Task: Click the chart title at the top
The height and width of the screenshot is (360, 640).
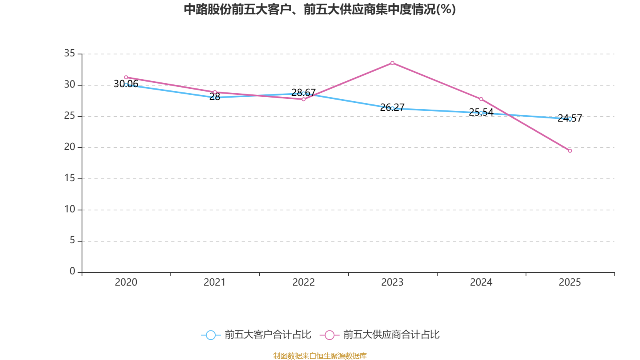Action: [x=320, y=10]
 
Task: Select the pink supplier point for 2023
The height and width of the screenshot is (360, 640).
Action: [x=392, y=63]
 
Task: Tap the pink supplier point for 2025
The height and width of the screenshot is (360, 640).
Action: [x=570, y=150]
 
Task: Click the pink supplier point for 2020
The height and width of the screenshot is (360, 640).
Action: [x=126, y=77]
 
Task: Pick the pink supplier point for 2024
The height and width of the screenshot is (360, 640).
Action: [x=481, y=99]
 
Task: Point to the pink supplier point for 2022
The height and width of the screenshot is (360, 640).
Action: [x=304, y=99]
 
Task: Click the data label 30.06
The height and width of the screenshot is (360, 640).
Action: [x=126, y=84]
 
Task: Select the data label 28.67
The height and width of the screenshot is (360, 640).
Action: [x=304, y=92]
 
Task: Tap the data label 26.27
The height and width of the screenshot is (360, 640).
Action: [x=392, y=108]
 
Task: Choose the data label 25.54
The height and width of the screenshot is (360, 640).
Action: [x=481, y=112]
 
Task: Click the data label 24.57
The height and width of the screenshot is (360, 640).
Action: [x=570, y=118]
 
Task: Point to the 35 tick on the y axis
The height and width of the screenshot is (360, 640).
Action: [x=70, y=53]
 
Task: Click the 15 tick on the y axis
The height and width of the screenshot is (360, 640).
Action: [x=70, y=178]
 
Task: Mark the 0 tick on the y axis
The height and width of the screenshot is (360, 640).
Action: [x=72, y=271]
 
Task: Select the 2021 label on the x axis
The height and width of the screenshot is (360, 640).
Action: [x=214, y=282]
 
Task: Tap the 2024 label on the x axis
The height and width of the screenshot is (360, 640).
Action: [x=481, y=282]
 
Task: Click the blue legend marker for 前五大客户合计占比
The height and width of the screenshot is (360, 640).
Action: [x=211, y=335]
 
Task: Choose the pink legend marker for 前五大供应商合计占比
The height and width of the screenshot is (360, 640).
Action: [x=330, y=335]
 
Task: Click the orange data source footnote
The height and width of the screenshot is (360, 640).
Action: [x=320, y=356]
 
